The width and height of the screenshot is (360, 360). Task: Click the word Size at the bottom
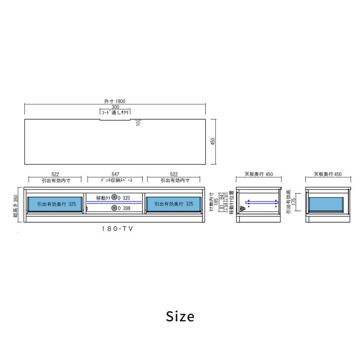click(x=180, y=316)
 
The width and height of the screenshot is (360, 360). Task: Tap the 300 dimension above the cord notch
click(x=115, y=107)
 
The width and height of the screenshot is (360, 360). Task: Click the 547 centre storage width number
click(x=115, y=174)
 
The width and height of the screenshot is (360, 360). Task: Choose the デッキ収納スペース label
click(x=115, y=180)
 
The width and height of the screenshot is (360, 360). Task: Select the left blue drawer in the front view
click(x=56, y=204)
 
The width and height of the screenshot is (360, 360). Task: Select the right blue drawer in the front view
click(x=174, y=204)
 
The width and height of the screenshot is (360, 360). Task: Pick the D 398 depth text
click(x=124, y=208)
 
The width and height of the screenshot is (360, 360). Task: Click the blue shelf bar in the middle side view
click(x=261, y=202)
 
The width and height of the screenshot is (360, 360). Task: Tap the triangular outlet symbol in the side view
click(x=243, y=209)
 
